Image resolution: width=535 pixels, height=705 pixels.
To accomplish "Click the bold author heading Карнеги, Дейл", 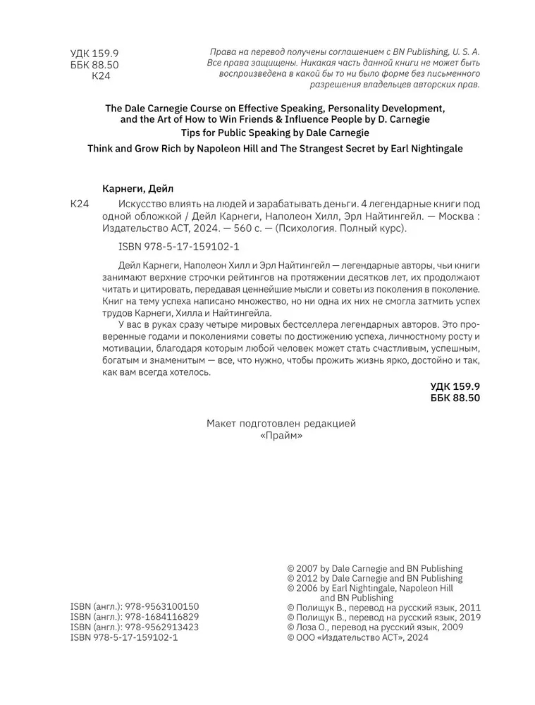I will click(133, 188).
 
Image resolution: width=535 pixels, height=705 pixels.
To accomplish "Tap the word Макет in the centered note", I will click(223, 424).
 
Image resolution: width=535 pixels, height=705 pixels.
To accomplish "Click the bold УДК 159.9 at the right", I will click(455, 387).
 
